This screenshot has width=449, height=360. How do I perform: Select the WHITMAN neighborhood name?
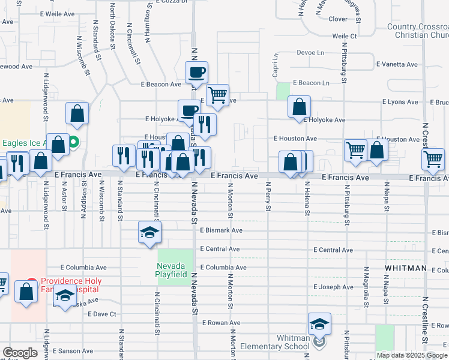[x=406, y=268]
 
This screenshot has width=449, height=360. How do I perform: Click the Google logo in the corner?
[x=20, y=352]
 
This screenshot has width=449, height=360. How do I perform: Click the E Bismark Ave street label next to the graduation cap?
[x=221, y=230]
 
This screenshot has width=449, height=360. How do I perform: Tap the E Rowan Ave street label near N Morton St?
[x=221, y=323]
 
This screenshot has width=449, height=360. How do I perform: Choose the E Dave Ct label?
[x=101, y=314]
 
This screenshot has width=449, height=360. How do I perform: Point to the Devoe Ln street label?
[x=310, y=53]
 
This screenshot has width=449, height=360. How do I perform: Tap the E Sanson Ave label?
[x=71, y=351]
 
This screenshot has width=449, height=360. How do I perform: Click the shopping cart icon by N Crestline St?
[x=433, y=159]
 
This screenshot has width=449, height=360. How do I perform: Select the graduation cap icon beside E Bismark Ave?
[x=149, y=232]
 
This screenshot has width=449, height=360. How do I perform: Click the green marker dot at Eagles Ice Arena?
[x=74, y=143]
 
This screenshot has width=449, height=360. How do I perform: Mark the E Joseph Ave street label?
[x=333, y=287]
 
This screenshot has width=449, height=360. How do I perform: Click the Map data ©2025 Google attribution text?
[x=411, y=355]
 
